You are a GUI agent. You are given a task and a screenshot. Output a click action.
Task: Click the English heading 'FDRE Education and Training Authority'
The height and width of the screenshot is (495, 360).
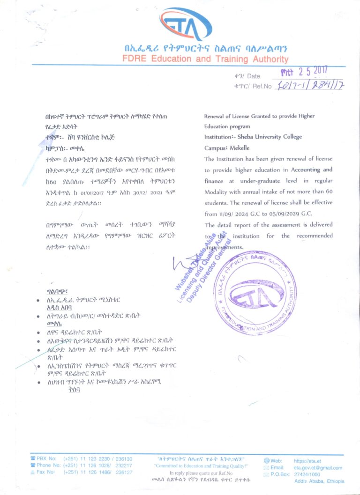[x=205, y=59]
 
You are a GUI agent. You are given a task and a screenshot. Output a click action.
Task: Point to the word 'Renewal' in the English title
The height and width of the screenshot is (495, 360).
[x=215, y=116]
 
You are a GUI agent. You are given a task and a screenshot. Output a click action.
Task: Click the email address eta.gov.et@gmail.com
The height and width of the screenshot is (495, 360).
[x=318, y=468]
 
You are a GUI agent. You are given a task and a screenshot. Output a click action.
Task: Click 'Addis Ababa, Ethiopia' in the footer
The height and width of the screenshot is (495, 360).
[x=319, y=481]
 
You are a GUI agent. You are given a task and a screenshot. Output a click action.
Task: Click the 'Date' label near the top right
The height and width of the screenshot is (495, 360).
[x=253, y=76]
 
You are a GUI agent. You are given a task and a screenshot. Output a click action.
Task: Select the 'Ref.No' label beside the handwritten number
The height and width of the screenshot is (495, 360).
[x=261, y=86]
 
